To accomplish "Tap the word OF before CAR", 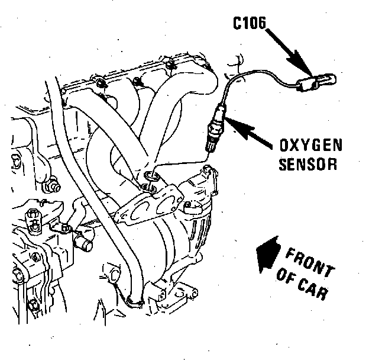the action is (284, 278).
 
